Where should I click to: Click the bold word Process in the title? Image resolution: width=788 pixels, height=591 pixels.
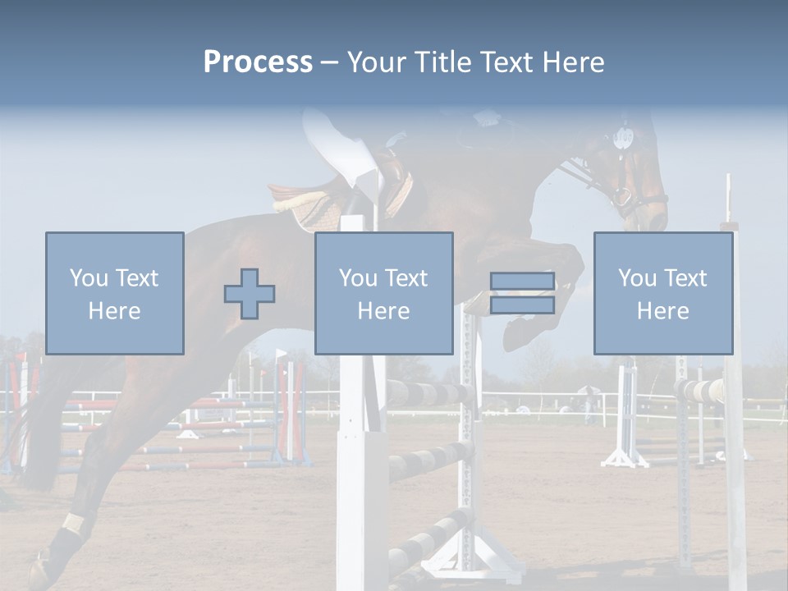click(258, 62)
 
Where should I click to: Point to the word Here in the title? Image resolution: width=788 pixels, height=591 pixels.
click(573, 62)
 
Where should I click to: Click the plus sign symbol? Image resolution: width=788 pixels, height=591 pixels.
click(250, 294)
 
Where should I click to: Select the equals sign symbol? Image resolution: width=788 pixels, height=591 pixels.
click(522, 293)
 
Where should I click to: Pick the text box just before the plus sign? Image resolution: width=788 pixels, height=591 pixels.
click(114, 293)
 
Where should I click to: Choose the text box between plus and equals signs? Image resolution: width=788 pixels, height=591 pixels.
click(383, 293)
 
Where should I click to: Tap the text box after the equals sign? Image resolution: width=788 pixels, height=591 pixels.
click(662, 293)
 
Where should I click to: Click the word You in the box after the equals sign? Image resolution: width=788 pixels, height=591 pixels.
click(637, 278)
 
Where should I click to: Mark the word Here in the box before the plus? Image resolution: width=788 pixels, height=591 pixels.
click(114, 311)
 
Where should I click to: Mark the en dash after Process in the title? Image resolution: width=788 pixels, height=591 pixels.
click(329, 62)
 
